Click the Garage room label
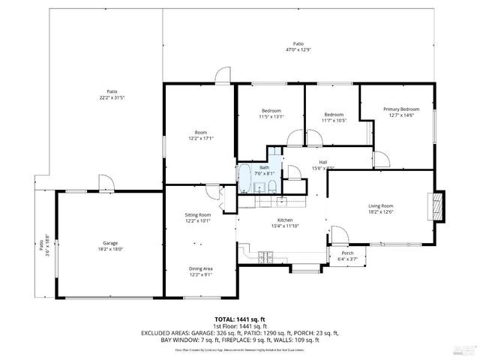tap(110, 242)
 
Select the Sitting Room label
tap(198, 215)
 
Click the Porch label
tap(347, 253)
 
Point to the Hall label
tap(322, 162)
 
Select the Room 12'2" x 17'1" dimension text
tap(200, 138)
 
